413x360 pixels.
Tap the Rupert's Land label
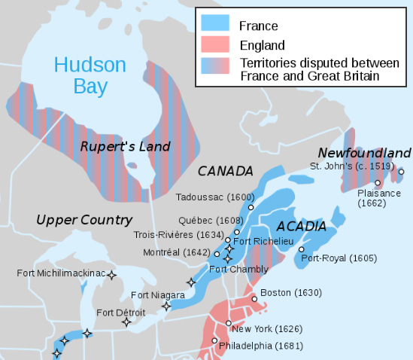point(126,146)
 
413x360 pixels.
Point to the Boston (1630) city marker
point(254,299)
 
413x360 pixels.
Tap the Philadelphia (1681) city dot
point(214,341)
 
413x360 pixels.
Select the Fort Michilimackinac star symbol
point(112,276)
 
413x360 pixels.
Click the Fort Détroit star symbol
point(126,322)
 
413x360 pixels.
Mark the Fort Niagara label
point(156,294)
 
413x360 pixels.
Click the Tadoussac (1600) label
point(211,197)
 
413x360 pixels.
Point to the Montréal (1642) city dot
point(217,254)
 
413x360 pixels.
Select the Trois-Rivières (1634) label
point(178,234)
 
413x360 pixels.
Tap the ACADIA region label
point(302,226)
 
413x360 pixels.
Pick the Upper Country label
point(84,220)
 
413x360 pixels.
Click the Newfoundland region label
point(364,152)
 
